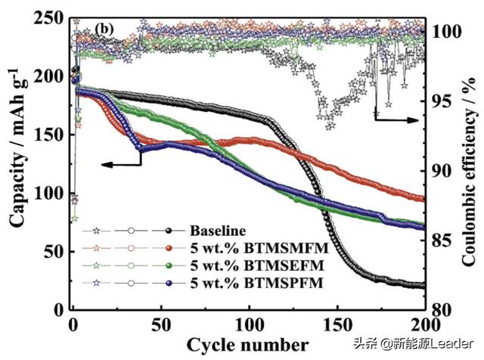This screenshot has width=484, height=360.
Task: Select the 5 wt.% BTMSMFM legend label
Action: pos(250,247)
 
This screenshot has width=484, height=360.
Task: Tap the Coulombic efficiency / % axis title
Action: pos(470,163)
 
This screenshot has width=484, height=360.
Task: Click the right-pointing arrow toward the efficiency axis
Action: pos(397,119)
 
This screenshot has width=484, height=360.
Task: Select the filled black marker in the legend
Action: pos(172,231)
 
